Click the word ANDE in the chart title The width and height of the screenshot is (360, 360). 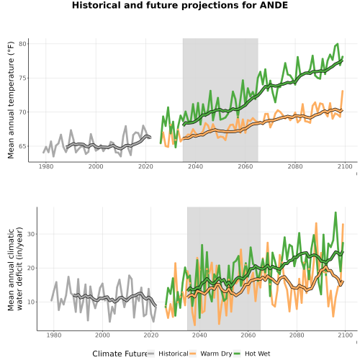[x=274, y=5]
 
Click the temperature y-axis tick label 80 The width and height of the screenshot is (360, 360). [x=22, y=44]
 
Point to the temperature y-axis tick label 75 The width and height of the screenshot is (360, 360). [x=22, y=78]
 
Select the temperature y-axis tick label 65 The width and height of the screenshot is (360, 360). [x=22, y=146]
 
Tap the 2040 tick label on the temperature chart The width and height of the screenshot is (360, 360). [x=195, y=166]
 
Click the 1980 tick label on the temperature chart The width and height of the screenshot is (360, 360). [x=46, y=166]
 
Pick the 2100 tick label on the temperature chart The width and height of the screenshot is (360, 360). [x=345, y=166]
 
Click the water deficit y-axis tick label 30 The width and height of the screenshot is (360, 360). [x=31, y=234]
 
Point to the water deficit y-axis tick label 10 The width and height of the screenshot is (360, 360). [x=31, y=302]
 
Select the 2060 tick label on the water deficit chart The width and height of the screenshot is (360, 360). [x=248, y=335]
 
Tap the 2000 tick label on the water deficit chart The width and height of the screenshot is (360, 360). [x=102, y=335]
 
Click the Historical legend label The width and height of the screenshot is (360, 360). [x=174, y=354]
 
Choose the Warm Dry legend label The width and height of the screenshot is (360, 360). [x=216, y=354]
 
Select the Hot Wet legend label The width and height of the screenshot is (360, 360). [x=258, y=354]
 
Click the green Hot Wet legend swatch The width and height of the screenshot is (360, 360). [x=237, y=354]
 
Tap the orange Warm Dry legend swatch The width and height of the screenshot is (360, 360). [x=193, y=354]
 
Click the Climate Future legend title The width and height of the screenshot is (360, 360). [x=120, y=354]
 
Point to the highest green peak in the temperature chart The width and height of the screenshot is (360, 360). [x=338, y=44]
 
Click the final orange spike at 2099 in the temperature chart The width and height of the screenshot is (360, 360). [x=343, y=91]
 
